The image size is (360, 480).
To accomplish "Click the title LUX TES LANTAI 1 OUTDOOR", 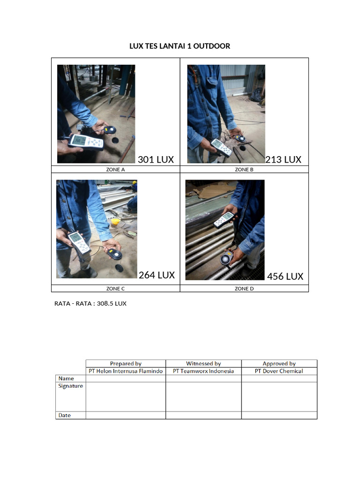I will point(180,46).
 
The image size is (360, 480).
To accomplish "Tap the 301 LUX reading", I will point(156,159).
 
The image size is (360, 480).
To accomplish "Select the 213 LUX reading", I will point(283,159).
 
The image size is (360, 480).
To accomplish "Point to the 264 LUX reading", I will point(157,275).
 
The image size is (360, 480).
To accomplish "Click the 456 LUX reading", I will point(285,276).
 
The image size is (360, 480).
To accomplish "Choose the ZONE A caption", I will point(115,170).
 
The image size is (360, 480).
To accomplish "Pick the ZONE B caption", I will point(244,170).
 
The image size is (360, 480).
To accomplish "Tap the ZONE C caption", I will point(115,289).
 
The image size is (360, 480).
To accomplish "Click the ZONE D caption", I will point(244,289).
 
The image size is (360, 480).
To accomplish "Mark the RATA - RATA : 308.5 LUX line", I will point(90,303).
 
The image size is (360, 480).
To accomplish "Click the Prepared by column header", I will point(126,363).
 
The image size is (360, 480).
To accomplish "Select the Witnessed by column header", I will point(203,363).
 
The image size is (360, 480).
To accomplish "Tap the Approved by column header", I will point(279,363).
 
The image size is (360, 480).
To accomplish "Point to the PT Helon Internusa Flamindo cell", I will point(126,371).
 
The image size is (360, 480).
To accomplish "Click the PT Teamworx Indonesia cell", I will point(203,371).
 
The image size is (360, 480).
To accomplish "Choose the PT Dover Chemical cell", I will point(279,371).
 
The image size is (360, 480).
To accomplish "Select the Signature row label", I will point(71,386).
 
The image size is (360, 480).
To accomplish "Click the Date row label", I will point(65,415).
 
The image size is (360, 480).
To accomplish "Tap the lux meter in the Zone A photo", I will point(86,142).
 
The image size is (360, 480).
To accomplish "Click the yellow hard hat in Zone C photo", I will point(115,221).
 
